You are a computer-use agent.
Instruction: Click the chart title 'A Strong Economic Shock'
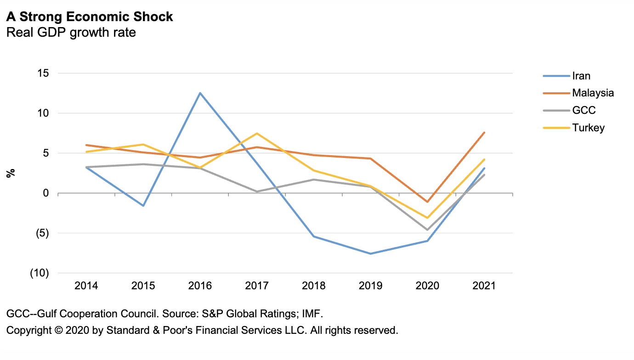click(90, 17)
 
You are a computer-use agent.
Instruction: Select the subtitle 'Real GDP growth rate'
click(71, 33)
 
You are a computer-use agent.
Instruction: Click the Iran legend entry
click(581, 76)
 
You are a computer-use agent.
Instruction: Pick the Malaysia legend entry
click(593, 93)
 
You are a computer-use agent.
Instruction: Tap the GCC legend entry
click(583, 110)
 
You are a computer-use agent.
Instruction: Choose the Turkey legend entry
click(588, 128)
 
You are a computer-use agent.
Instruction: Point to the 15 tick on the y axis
click(43, 73)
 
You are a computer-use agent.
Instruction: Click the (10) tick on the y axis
click(40, 273)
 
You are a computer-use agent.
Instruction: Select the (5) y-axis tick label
click(42, 233)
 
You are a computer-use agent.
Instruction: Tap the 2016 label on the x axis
click(200, 286)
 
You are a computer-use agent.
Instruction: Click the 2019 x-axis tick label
click(370, 286)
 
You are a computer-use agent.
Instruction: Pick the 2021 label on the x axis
click(484, 286)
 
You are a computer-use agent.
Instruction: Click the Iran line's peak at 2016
click(200, 93)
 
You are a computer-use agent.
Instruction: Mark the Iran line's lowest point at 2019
click(370, 253)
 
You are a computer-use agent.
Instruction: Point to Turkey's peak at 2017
click(257, 133)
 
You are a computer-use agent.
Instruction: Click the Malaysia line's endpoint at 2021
click(484, 133)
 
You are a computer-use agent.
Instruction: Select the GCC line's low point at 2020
click(427, 230)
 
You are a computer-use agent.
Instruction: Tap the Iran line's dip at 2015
click(143, 206)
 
